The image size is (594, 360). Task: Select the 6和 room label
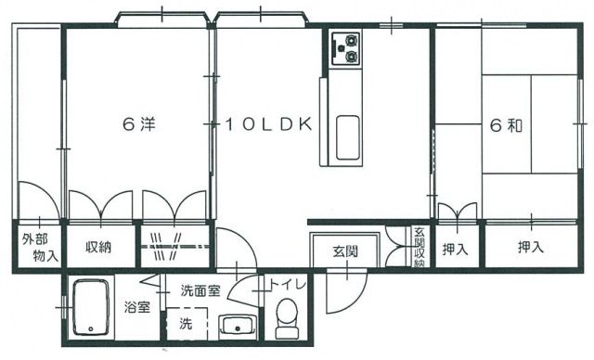[x=502, y=124]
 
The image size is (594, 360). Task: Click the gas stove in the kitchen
[x=344, y=48]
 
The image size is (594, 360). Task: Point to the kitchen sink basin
[x=348, y=138]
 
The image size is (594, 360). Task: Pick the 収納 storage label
[x=99, y=248]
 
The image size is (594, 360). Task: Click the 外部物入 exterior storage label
[x=38, y=247]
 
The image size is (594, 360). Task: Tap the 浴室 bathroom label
[x=138, y=307]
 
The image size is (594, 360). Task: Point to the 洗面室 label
[x=200, y=289]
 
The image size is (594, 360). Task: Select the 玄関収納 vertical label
[x=420, y=248]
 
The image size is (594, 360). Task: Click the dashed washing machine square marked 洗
[x=184, y=327]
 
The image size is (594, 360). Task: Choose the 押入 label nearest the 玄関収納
[x=454, y=248]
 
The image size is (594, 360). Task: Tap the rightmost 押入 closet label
[x=531, y=248]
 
